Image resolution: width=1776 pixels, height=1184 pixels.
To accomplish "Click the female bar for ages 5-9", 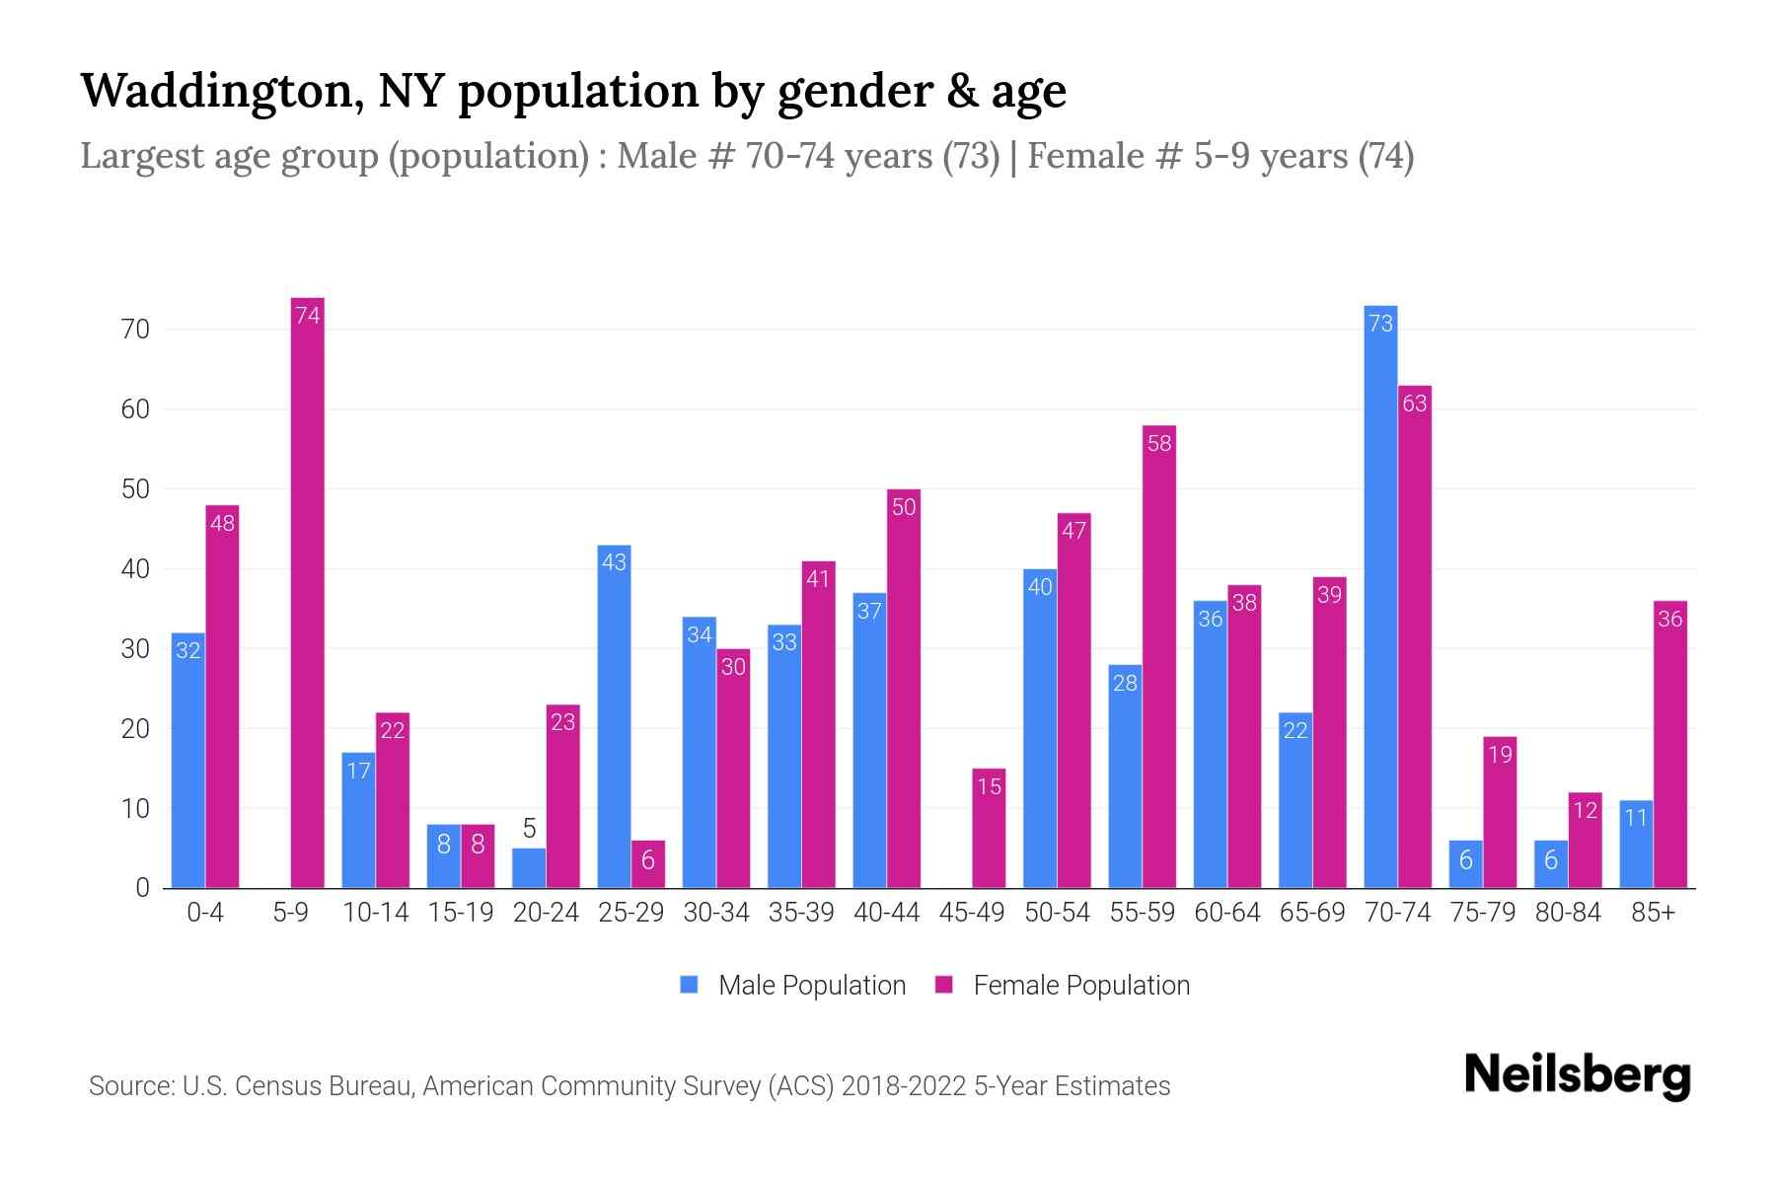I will pos(308,592).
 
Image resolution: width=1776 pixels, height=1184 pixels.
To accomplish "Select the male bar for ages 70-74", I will pos(1380,597).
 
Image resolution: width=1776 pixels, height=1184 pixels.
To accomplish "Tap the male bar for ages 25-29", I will pos(614,716).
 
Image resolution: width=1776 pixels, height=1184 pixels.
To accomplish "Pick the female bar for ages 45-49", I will pos(989,829).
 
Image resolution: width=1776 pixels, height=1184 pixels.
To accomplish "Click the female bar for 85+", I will pos(1669,745).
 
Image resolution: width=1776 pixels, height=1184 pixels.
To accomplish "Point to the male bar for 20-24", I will pos(529,868).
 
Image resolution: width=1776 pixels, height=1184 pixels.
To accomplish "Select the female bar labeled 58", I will pos(1159,656).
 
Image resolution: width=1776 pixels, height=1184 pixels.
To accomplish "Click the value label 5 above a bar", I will pos(529,829).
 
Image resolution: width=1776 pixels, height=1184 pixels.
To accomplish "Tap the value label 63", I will pos(1414,404).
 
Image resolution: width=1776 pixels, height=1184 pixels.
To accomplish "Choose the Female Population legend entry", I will pos(1063,986).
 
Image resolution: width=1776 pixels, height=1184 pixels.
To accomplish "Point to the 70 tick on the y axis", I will pos(135,330).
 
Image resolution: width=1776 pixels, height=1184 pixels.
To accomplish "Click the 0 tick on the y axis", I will pos(143,888).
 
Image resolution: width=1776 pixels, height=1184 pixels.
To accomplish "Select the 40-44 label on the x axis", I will pos(886,913).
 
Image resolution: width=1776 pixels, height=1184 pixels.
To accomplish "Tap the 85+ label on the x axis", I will pos(1653,913).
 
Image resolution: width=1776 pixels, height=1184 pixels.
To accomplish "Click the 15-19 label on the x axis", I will pos(461,913).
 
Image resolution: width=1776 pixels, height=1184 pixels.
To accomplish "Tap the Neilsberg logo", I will pos(1577,1075).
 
